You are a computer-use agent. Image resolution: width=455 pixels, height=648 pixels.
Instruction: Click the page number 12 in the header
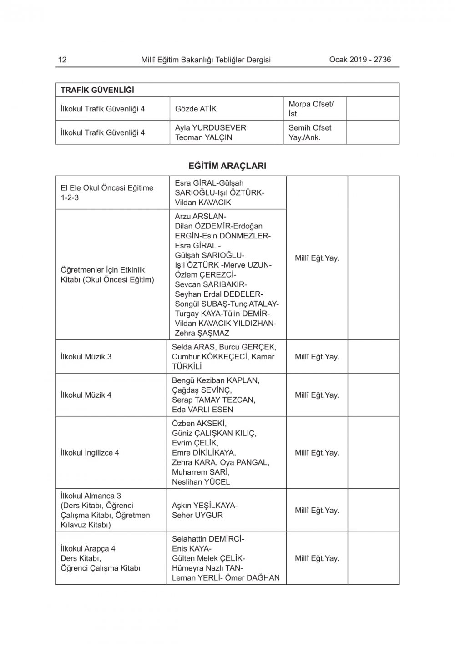pos(62,60)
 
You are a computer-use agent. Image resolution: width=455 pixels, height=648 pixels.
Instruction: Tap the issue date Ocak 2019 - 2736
pos(360,59)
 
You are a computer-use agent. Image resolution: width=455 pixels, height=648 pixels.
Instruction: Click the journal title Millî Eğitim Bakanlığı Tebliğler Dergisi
pos(206,60)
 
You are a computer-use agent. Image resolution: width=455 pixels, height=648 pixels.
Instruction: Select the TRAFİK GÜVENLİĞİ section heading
pos(97,90)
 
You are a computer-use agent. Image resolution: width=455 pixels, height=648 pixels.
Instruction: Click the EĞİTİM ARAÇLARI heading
pos(227,166)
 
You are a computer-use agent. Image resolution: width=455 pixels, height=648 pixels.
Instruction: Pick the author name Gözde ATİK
pos(196,109)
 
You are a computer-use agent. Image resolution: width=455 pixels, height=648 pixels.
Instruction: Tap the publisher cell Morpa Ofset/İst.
pos(311,109)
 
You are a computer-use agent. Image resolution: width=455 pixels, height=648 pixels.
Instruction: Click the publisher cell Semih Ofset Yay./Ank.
pos(310,132)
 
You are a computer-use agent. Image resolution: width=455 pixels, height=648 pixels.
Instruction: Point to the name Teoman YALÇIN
pos(203,137)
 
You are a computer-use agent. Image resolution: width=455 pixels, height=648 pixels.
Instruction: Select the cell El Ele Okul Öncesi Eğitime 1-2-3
pos(107,192)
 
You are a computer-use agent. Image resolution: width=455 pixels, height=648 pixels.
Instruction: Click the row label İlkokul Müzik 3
pos(86,357)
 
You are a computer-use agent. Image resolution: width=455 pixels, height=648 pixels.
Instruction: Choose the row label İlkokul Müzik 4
pos(86,395)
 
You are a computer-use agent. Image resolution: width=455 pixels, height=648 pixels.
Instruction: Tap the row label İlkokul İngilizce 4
pos(90,453)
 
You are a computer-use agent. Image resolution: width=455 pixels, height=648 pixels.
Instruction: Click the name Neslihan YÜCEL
pos(201,482)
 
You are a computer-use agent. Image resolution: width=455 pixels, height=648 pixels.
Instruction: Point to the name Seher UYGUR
pos(197,516)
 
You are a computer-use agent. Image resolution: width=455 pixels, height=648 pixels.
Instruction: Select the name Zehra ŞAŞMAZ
pos(202,333)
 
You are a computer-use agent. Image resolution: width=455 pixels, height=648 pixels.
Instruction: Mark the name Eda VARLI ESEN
pos(202,410)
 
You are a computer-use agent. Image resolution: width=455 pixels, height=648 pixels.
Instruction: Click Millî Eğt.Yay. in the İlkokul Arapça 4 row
pos(317,558)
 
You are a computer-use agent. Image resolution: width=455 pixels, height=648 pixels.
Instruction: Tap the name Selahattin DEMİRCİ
pos(207,539)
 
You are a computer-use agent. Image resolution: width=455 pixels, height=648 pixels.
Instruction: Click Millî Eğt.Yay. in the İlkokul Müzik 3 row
pos(317,357)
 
